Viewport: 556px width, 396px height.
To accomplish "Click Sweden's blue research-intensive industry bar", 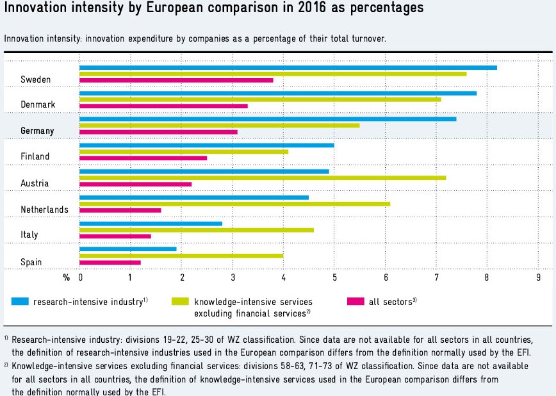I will (x=288, y=67).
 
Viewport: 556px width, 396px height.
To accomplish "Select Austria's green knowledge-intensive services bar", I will (x=263, y=177).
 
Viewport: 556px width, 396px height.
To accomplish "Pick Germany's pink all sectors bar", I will (x=158, y=132).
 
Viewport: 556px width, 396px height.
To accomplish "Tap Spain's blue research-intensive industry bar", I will (x=127, y=249).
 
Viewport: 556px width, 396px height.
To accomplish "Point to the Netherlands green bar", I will (x=234, y=204).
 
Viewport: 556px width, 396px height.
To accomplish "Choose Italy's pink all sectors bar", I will (x=115, y=236).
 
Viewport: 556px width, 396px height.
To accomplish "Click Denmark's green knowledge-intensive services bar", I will (x=260, y=99).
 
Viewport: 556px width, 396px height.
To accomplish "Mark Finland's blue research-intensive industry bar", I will (x=206, y=145).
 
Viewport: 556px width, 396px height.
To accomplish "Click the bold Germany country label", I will (x=37, y=131).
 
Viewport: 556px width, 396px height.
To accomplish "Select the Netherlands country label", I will (x=44, y=210).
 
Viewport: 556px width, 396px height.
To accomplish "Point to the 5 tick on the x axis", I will (x=334, y=277).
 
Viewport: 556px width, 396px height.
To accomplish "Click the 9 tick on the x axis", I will (x=539, y=277).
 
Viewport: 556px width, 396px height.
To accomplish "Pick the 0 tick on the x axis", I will (x=80, y=277).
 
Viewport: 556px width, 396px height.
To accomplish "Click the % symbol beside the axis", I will (x=66, y=277).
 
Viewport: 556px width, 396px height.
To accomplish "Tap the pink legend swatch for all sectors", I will (x=355, y=301).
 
